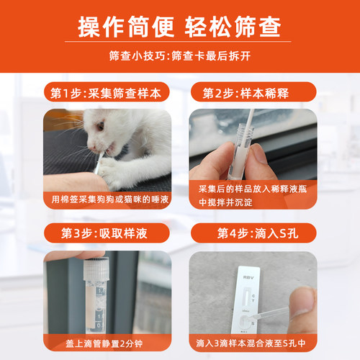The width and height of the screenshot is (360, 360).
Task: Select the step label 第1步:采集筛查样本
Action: [107, 93]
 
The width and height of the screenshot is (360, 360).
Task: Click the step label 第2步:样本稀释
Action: [253, 93]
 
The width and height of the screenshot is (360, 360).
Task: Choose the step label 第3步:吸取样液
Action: [107, 234]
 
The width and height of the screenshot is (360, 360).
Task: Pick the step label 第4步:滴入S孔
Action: [253, 234]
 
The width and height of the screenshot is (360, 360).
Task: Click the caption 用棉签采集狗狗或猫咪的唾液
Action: [107, 199]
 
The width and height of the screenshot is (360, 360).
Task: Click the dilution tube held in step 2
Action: [242, 155]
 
